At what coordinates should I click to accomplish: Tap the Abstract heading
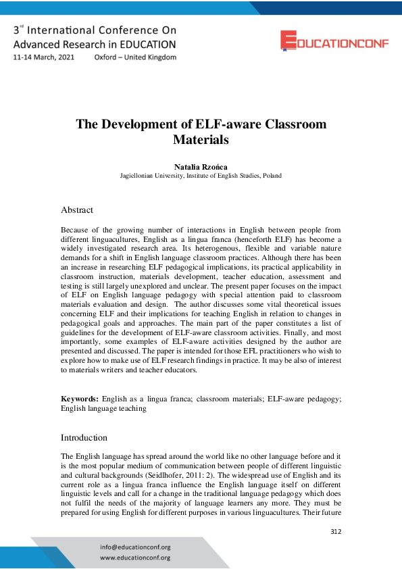[x=77, y=209]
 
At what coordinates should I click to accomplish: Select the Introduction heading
[x=84, y=437]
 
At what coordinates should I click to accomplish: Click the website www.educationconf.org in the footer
[x=135, y=558]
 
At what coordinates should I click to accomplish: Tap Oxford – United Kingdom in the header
[x=135, y=57]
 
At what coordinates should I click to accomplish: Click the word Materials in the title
[x=201, y=141]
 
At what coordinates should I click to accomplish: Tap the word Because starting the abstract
[x=75, y=230]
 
